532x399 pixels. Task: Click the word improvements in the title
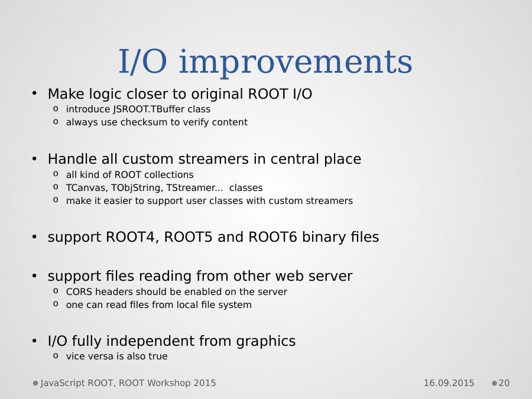click(x=296, y=62)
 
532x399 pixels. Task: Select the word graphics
click(x=265, y=341)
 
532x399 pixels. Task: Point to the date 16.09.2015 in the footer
click(x=449, y=383)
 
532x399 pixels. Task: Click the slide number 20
click(x=504, y=383)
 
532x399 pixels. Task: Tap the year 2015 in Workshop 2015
click(x=205, y=383)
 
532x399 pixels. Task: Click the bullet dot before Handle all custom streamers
click(x=34, y=158)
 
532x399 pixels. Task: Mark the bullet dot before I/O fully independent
click(x=34, y=340)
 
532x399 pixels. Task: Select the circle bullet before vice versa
click(x=56, y=356)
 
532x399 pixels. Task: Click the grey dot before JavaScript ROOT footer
click(x=35, y=384)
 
